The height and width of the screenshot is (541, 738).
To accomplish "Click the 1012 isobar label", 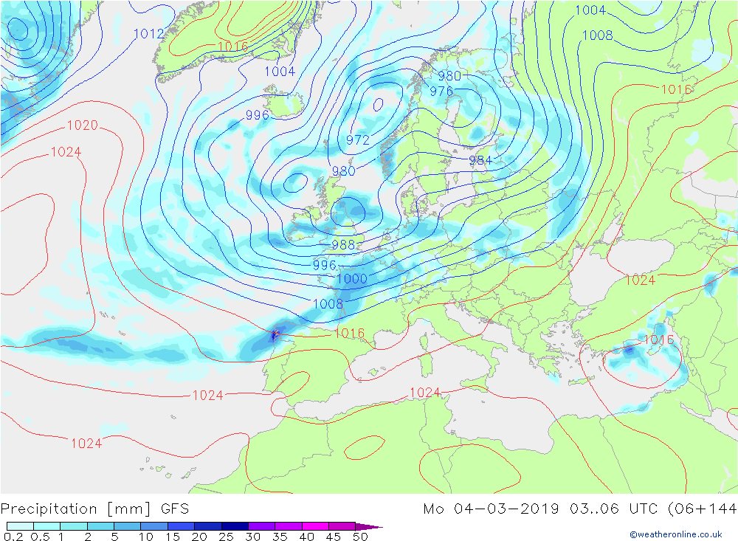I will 149,33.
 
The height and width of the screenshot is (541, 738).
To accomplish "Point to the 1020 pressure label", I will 82,125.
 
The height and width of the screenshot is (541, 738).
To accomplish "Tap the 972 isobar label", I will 357,139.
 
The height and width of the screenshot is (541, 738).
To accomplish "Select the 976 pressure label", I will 441,92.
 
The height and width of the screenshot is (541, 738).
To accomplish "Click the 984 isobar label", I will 480,160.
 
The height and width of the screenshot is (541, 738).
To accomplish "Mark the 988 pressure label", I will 343,245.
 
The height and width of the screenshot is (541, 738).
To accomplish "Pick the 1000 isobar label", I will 351,278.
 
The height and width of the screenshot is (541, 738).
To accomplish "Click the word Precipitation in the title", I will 49,509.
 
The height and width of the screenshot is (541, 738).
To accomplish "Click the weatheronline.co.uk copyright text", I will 675,534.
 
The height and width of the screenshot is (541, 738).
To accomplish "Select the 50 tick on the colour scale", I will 361,537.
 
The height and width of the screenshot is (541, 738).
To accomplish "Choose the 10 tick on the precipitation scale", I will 145,537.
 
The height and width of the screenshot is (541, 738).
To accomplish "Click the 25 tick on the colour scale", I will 226,537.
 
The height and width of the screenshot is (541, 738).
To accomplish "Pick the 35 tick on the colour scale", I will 280,537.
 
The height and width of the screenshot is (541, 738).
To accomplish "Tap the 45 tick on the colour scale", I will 334,537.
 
